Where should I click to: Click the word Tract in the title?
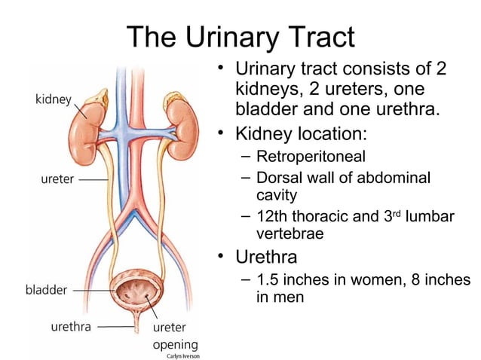coord(317,36)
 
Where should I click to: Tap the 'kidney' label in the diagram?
coord(53,99)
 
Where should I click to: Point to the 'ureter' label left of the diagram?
coord(57,180)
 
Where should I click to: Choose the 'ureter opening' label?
coord(175,337)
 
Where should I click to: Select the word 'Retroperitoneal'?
coord(311,157)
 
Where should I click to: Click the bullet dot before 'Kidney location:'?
coord(222,133)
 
